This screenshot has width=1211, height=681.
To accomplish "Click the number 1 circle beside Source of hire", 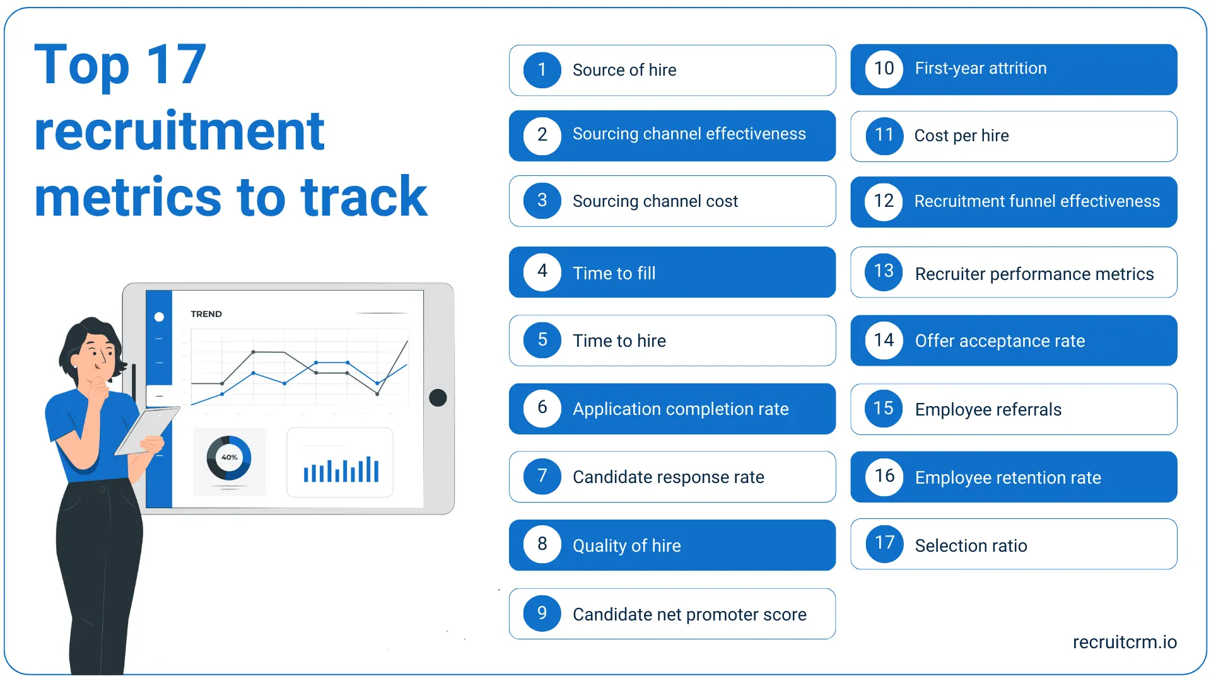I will click(542, 70).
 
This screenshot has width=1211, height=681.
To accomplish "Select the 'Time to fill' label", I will click(614, 273).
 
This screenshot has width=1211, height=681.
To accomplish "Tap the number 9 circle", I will click(542, 613).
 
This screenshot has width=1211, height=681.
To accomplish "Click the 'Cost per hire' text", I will click(961, 136).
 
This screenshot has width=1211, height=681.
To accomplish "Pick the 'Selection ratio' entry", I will click(971, 545).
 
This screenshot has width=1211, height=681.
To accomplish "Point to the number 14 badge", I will click(884, 340).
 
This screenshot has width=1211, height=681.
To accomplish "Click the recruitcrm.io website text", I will click(1124, 642).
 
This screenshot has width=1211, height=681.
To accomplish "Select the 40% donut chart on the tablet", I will click(229, 458).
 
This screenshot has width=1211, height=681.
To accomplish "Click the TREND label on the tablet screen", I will click(206, 314).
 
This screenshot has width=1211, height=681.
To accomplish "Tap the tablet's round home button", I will click(438, 398).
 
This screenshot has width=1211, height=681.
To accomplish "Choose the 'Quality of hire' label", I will click(626, 545).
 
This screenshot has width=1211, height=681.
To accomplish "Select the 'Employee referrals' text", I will click(988, 409).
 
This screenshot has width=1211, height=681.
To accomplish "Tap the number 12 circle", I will click(884, 202).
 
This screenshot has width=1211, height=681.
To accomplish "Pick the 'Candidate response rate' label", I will click(668, 477).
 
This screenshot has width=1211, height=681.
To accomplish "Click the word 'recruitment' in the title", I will click(179, 131).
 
